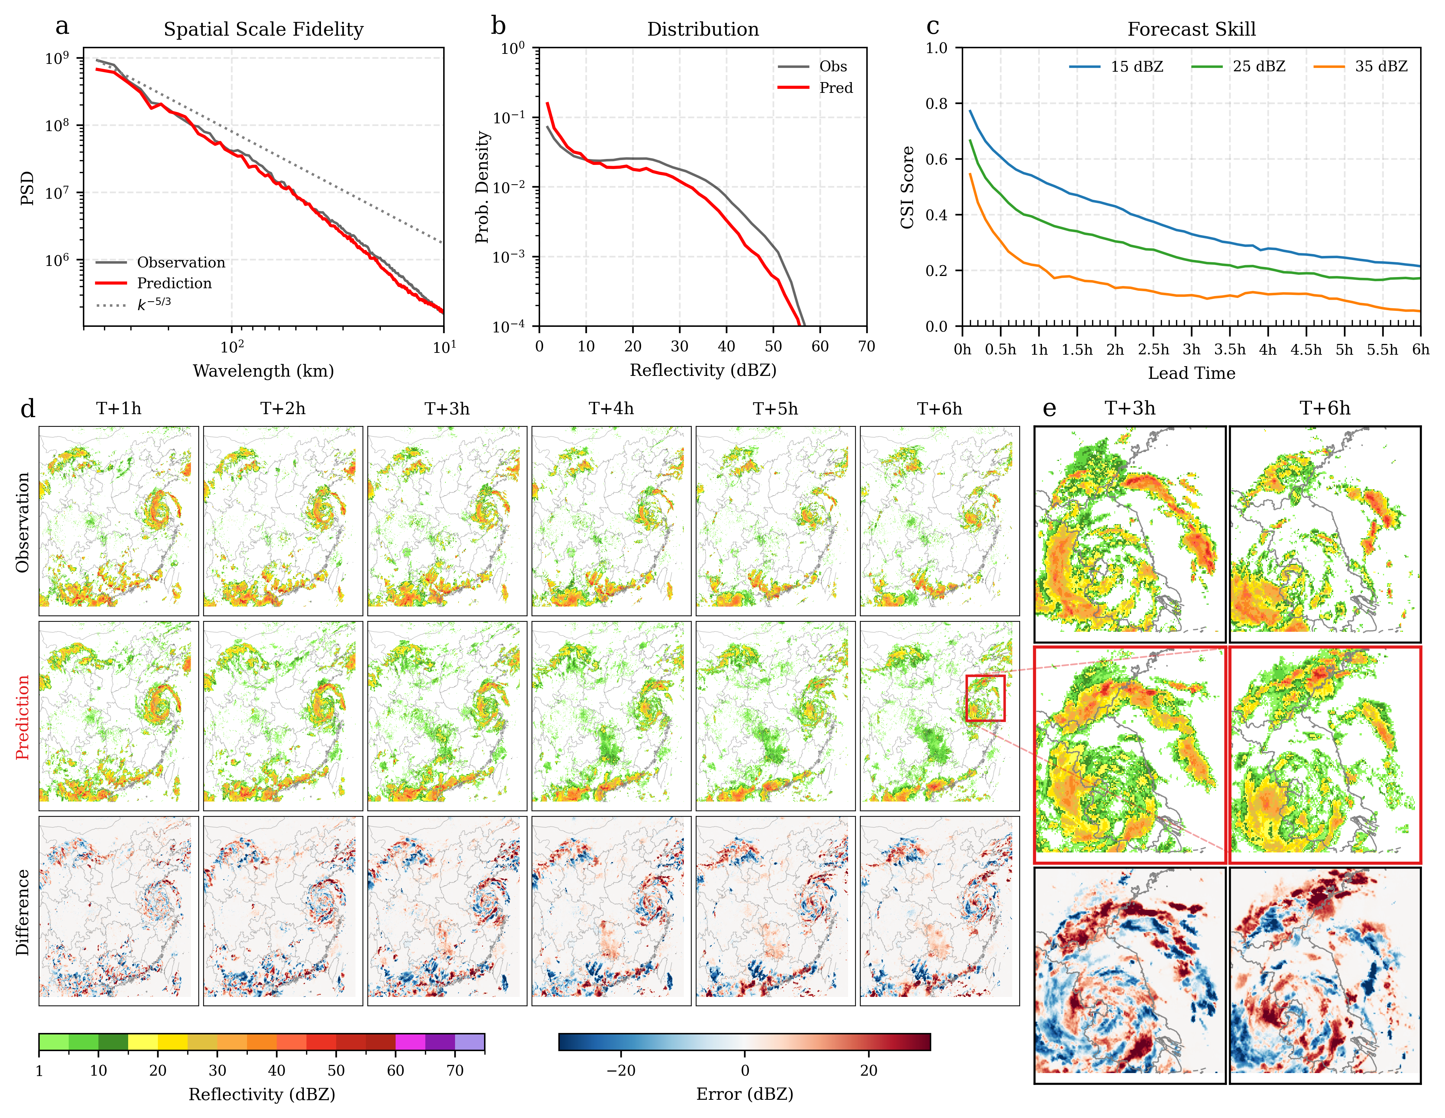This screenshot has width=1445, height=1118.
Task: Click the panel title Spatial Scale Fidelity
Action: tap(263, 30)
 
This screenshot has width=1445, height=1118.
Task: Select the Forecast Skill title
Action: tap(1191, 30)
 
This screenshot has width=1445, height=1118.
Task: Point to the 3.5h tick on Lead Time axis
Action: tap(1229, 349)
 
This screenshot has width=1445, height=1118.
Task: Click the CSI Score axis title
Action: tap(908, 187)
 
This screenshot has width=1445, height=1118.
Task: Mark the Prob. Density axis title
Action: tap(483, 187)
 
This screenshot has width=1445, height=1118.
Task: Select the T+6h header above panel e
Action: tap(1325, 408)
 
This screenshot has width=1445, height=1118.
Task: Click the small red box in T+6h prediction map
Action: tap(985, 698)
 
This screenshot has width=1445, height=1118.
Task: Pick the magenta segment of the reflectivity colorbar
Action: tap(410, 1042)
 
